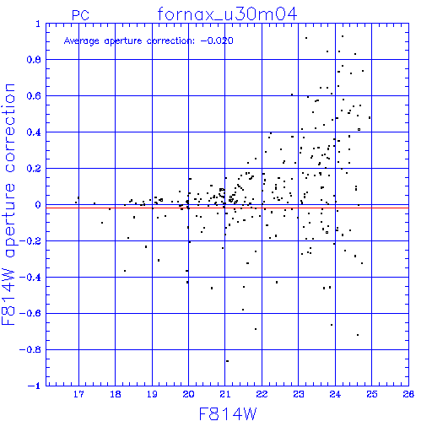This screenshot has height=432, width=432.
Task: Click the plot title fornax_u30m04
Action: point(227,14)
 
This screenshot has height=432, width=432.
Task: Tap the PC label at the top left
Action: point(80,15)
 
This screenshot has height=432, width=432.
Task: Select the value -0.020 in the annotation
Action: point(217,40)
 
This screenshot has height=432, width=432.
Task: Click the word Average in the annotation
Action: point(82,41)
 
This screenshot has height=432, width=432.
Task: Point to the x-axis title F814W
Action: point(228,414)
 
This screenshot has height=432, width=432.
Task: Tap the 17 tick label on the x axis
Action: point(78,394)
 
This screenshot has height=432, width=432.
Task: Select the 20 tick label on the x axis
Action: point(188,394)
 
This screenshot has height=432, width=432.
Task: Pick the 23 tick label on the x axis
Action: point(299,394)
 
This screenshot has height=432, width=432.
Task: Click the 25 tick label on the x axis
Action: point(372,394)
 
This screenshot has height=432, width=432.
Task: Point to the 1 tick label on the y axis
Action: point(38,24)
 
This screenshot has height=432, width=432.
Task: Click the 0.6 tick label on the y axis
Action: point(34,96)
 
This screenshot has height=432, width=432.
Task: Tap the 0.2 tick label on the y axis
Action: point(34,169)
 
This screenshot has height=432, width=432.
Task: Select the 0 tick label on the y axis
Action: point(38,205)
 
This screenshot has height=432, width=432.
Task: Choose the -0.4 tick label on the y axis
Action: point(30,278)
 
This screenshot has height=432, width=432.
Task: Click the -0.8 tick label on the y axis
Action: point(30,350)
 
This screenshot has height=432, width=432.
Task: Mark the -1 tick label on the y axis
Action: point(34,386)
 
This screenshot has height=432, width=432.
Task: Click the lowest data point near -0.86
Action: point(227,361)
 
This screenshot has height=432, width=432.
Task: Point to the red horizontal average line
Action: point(227,208)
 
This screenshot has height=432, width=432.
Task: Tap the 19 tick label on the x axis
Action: point(152,394)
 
